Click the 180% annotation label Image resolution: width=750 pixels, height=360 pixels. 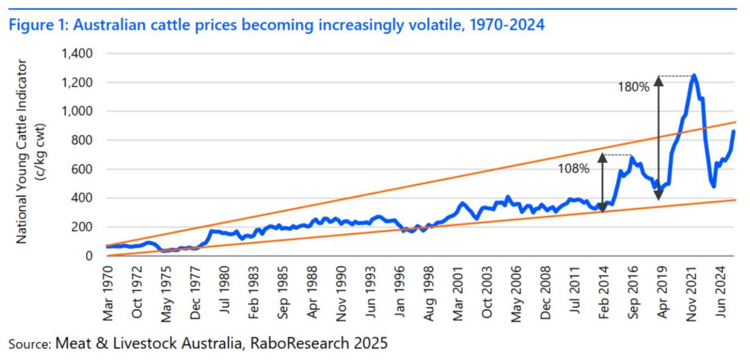634,87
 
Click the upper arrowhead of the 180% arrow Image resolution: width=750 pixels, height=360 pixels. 659,80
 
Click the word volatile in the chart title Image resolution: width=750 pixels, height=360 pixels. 439,25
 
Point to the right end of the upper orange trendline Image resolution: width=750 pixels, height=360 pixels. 735,121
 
